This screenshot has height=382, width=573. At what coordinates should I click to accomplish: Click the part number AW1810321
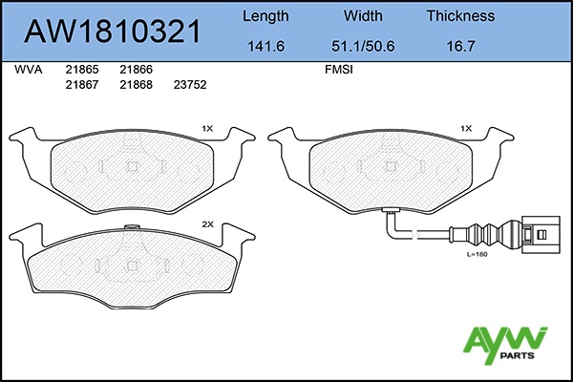click(x=112, y=32)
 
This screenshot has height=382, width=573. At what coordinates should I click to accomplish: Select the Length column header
click(x=265, y=16)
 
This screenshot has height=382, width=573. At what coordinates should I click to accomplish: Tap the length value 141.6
click(x=265, y=46)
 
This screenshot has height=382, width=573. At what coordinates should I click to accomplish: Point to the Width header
click(x=363, y=15)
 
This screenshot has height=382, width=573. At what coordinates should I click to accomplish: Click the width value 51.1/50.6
click(x=363, y=46)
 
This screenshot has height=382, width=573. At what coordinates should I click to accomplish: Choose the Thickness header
click(x=460, y=15)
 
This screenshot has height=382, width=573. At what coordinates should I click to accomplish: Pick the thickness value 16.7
click(x=460, y=46)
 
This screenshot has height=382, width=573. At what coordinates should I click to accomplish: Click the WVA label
click(x=28, y=70)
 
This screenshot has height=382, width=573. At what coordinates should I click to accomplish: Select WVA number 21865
click(x=82, y=70)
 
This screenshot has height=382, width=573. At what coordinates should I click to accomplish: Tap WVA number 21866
click(x=136, y=70)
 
